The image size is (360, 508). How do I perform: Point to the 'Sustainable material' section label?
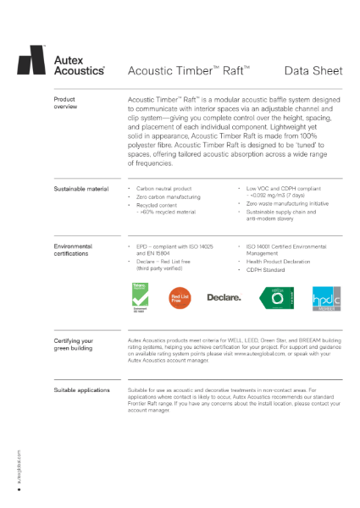tap(80, 188)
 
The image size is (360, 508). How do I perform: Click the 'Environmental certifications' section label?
tap(73, 249)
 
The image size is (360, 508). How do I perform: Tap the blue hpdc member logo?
tap(319, 296)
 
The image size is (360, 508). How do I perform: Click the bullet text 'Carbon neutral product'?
tap(163, 188)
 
